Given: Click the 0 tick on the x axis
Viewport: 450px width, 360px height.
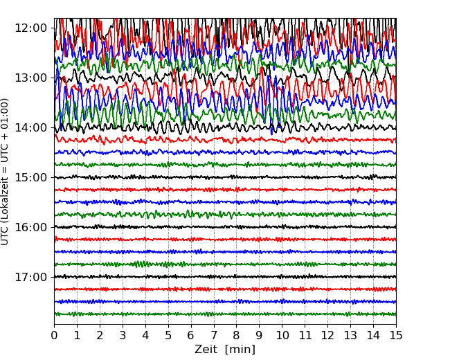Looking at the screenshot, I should pyautogui.click(x=54, y=335).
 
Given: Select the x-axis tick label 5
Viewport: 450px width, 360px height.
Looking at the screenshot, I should pyautogui.click(x=168, y=335).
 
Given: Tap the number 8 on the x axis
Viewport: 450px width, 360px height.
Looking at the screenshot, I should pyautogui.click(x=237, y=335).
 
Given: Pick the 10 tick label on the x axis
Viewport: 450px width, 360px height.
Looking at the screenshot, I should pyautogui.click(x=282, y=335).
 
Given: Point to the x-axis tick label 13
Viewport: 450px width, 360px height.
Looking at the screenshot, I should pyautogui.click(x=350, y=335).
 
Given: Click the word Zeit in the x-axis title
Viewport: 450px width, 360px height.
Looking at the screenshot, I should pyautogui.click(x=207, y=350).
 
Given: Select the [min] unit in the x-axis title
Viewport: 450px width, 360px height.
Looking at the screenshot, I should pyautogui.click(x=241, y=350).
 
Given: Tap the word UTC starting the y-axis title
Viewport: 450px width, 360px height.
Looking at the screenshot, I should pyautogui.click(x=6, y=235).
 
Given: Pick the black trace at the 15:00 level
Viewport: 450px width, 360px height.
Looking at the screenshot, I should pyautogui.click(x=208, y=177).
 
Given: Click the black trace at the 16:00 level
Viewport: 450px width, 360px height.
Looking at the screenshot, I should pyautogui.click(x=208, y=227).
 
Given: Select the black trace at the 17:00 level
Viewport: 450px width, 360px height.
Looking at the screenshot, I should pyautogui.click(x=208, y=277).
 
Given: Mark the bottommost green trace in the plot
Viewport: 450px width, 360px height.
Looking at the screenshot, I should pyautogui.click(x=208, y=314).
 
